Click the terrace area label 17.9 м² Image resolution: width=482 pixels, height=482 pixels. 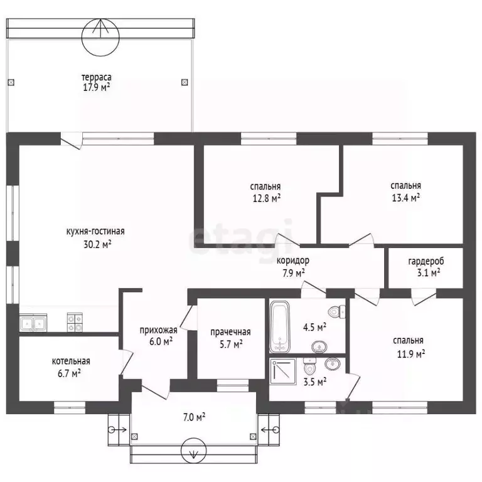97,87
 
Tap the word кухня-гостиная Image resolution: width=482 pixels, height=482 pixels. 95,231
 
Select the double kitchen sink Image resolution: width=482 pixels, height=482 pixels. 33,323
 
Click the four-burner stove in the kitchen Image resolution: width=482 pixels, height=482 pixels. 75,323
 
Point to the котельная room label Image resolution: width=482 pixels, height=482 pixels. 71,361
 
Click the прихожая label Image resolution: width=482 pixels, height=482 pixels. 158,330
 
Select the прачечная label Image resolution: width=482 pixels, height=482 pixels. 230,332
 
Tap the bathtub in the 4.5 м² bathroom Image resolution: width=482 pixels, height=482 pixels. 280,327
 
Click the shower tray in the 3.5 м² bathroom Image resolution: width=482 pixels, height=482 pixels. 283,372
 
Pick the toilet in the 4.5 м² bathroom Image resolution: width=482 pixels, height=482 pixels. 336,312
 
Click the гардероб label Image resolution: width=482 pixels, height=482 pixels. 426,261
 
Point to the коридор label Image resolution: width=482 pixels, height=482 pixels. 293,260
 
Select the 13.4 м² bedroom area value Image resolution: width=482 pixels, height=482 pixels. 406,197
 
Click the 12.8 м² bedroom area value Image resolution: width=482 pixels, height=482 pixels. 267,198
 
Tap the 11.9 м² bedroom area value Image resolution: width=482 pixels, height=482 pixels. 411,354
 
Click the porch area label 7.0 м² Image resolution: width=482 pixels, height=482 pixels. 195,417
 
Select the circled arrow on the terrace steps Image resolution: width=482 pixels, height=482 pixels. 100,37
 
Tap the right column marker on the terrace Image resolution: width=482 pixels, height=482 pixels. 185,82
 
